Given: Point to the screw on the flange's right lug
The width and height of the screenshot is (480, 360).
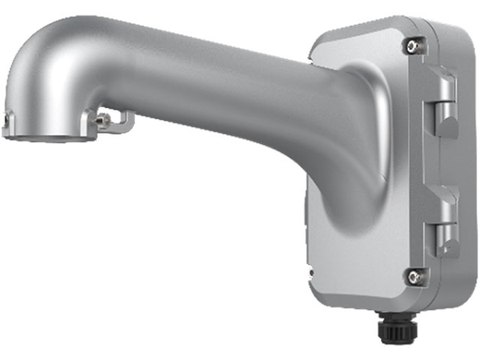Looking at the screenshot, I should click(102, 120).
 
